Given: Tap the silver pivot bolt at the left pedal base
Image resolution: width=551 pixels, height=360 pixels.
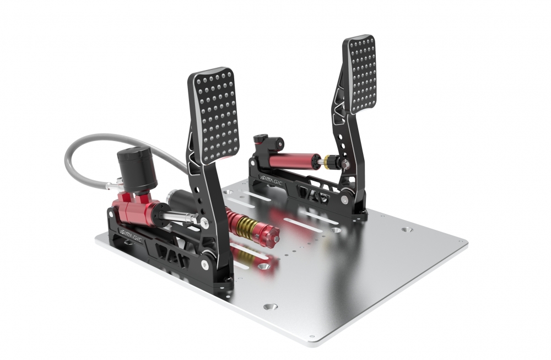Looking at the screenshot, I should pyautogui.click(x=208, y=255).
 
